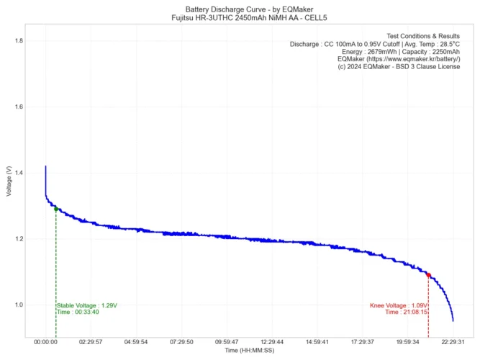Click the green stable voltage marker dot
[56, 209]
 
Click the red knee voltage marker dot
[428, 275]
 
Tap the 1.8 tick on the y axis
[17, 41]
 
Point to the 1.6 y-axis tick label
[17, 107]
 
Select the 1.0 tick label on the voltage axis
[17, 305]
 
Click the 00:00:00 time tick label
[45, 343]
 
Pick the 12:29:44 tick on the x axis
[272, 343]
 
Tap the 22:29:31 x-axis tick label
[453, 343]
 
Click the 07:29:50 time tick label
[181, 343]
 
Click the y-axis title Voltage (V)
[8, 181]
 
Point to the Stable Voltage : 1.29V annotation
[86, 305]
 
